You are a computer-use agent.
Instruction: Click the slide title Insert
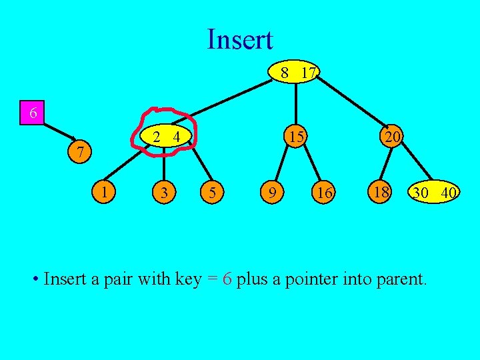240,39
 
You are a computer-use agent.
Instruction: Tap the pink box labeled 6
32,113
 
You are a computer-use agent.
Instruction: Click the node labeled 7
80,153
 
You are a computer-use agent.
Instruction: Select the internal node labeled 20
392,137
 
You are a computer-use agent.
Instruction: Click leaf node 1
105,192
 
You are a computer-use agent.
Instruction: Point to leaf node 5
211,193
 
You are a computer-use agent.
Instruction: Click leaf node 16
325,193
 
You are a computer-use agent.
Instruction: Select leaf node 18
381,192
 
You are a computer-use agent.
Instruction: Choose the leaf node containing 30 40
434,193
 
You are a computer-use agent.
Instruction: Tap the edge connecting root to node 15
297,103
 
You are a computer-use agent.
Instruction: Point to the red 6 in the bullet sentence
227,279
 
